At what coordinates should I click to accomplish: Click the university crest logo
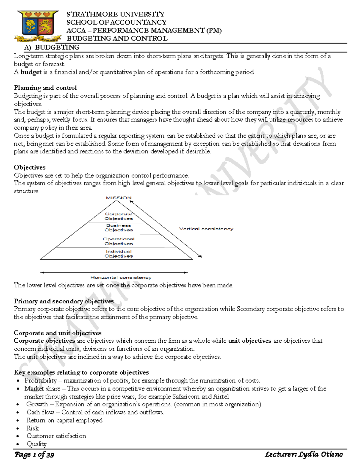coord(38,26)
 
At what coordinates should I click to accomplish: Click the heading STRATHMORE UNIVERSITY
coord(115,14)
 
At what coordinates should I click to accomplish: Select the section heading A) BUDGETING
coord(52,47)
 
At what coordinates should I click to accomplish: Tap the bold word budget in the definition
coord(31,72)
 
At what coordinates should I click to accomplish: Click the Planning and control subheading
coord(45,88)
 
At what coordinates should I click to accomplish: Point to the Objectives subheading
coord(30,167)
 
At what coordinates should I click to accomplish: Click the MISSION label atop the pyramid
coord(118,198)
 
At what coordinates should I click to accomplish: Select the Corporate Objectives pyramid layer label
coord(118,216)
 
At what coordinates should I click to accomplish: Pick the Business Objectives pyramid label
coord(118,227)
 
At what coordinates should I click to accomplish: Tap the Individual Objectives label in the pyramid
coord(118,254)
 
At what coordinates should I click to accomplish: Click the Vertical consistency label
coord(206,229)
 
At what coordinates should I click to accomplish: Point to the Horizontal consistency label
coord(121,278)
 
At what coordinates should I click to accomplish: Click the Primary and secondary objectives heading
coord(64,301)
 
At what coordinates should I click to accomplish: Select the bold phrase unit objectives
coord(250,341)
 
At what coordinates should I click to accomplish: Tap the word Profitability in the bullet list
coord(40,380)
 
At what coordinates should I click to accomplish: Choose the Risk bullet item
coord(32,428)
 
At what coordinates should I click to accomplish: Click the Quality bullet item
coord(36,444)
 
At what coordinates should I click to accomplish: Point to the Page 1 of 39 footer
coord(34,455)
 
